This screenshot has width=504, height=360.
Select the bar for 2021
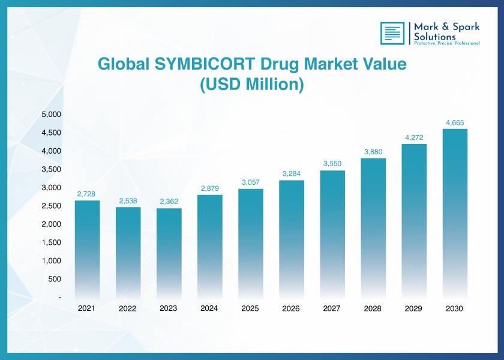(x=87, y=250)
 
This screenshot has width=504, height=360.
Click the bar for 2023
(x=169, y=254)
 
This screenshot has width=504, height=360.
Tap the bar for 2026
(x=292, y=240)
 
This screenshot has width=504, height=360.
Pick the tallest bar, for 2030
(x=455, y=214)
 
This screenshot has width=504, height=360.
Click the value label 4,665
(x=455, y=122)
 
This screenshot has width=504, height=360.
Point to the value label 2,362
(x=169, y=202)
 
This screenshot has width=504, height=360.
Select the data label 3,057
(x=250, y=182)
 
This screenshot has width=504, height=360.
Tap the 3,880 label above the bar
(x=373, y=152)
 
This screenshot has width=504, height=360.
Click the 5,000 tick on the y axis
(x=52, y=115)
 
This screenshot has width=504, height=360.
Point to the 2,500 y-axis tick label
(x=52, y=206)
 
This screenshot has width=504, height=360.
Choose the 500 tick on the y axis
(x=55, y=279)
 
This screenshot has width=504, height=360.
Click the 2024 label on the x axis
(x=209, y=308)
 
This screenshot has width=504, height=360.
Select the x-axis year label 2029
(x=413, y=308)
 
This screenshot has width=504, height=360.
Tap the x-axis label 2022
(x=128, y=308)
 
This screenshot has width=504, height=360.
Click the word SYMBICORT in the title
(x=205, y=64)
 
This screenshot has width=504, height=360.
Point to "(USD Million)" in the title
(x=251, y=85)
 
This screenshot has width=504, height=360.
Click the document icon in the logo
(x=392, y=33)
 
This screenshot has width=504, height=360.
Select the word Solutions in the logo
(x=434, y=37)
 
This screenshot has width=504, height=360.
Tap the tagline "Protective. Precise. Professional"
(x=447, y=43)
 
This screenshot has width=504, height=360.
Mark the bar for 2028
(x=373, y=229)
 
